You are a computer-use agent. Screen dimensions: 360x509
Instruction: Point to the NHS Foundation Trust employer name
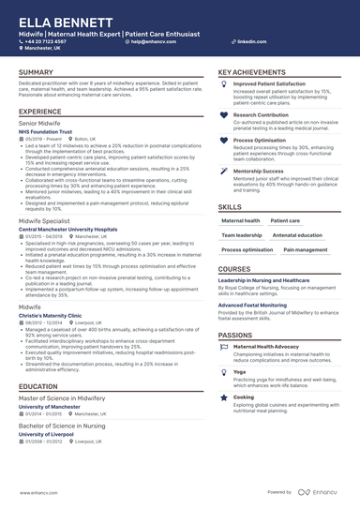click(x=44, y=131)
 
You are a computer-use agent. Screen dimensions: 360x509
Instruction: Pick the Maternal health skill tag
click(x=241, y=220)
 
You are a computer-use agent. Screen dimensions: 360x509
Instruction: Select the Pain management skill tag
click(x=306, y=250)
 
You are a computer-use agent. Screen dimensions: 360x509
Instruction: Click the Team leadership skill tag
click(x=241, y=235)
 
